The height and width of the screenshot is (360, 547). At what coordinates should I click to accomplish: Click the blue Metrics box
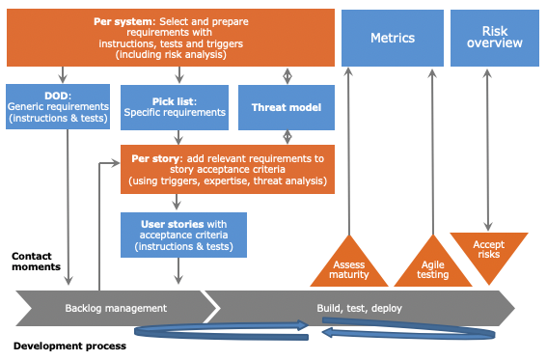click(393, 39)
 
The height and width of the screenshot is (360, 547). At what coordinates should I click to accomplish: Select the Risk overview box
click(494, 39)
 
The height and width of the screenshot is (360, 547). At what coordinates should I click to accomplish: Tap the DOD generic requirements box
click(59, 106)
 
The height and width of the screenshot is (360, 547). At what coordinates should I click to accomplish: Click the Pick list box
click(175, 106)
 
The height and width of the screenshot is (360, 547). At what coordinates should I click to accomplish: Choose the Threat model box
click(286, 107)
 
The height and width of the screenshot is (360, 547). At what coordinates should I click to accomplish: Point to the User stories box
click(183, 235)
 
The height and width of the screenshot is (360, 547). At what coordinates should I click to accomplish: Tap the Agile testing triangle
click(433, 263)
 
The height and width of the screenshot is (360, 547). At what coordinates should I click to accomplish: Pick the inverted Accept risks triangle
click(489, 250)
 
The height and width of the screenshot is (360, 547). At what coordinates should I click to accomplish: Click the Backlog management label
click(116, 309)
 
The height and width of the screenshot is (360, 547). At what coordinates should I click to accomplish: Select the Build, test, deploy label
click(360, 309)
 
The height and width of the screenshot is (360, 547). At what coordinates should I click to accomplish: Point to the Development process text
click(69, 345)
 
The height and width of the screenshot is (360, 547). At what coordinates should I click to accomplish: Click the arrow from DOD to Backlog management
click(68, 208)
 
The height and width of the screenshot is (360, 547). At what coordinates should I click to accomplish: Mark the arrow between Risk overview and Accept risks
click(489, 150)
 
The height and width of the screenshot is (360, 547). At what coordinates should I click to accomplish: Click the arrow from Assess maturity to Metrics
click(348, 150)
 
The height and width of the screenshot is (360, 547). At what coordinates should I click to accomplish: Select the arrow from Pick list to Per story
click(177, 137)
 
